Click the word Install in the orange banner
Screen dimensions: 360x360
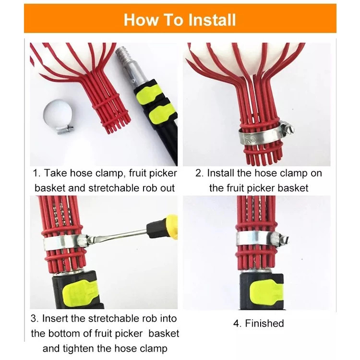pos(212,20)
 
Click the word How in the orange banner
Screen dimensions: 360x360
pos(141,20)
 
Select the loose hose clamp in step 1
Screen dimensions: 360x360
pos(58,117)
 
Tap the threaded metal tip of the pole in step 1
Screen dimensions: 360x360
pos(122,55)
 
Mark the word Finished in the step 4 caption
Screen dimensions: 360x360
pos(264,323)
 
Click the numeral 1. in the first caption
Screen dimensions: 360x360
pos(37,173)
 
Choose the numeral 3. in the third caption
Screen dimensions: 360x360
pos(35,319)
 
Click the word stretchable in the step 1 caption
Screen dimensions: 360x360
pos(114,188)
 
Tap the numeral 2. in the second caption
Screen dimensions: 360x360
pos(200,173)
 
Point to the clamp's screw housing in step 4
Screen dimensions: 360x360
pos(277,239)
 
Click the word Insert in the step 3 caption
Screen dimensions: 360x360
pos(55,319)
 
